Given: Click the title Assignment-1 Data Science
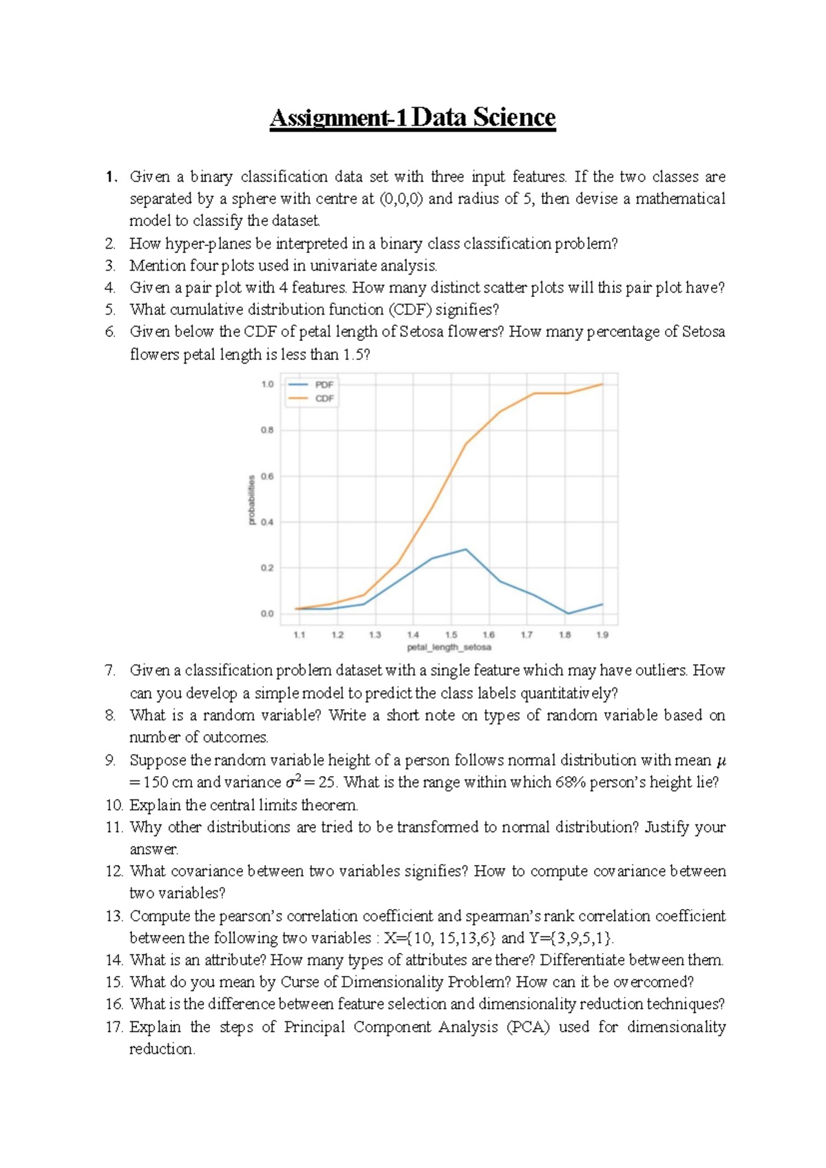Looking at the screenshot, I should point(412,118).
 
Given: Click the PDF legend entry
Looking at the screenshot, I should point(324,385).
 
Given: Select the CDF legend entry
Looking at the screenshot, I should point(324,399).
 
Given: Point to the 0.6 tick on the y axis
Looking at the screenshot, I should point(267,476).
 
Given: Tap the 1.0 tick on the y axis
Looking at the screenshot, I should point(267,384).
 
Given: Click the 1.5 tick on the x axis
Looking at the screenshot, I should point(451,635).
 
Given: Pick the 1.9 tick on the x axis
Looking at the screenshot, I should point(602,635).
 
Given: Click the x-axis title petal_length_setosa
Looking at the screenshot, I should point(449,647).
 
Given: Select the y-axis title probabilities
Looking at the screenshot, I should point(252,499).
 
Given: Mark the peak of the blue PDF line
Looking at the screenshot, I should point(466,550).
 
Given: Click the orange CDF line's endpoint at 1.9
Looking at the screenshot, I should point(602,384).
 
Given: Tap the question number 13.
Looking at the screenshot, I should point(114,916).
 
